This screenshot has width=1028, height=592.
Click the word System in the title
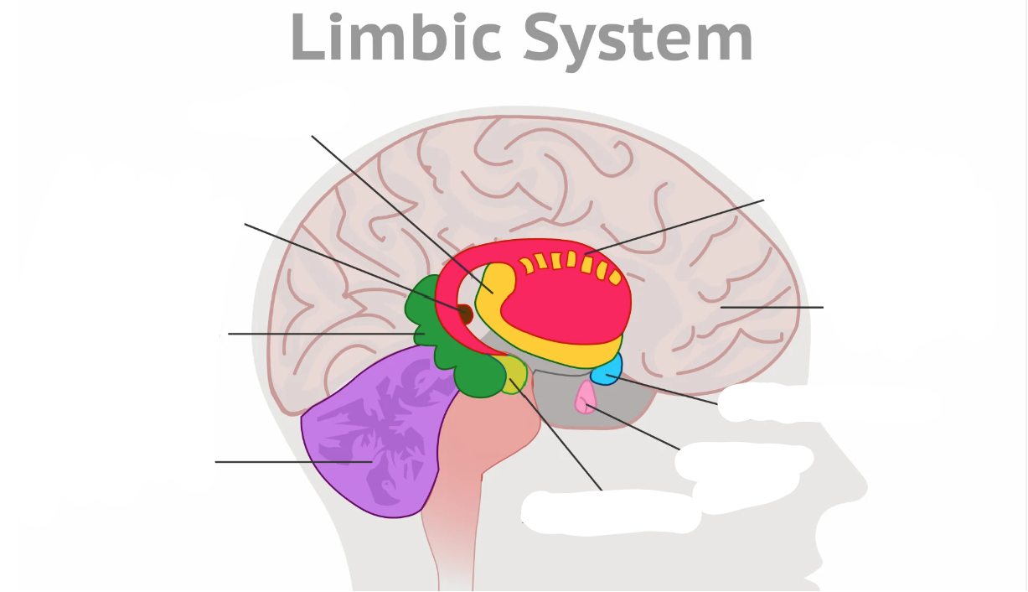[x=639, y=39]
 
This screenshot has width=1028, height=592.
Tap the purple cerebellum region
[x=369, y=444]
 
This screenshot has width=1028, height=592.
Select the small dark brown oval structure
[x=465, y=314]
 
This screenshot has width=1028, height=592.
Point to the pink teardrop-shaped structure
[x=584, y=398]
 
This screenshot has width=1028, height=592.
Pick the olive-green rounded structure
[x=514, y=373]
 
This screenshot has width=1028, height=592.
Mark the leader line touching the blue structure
[x=670, y=390]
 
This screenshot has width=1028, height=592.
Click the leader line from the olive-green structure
[x=561, y=440]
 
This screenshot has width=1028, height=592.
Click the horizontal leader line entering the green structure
[x=318, y=334]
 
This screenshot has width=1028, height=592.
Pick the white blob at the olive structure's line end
[x=612, y=510]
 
